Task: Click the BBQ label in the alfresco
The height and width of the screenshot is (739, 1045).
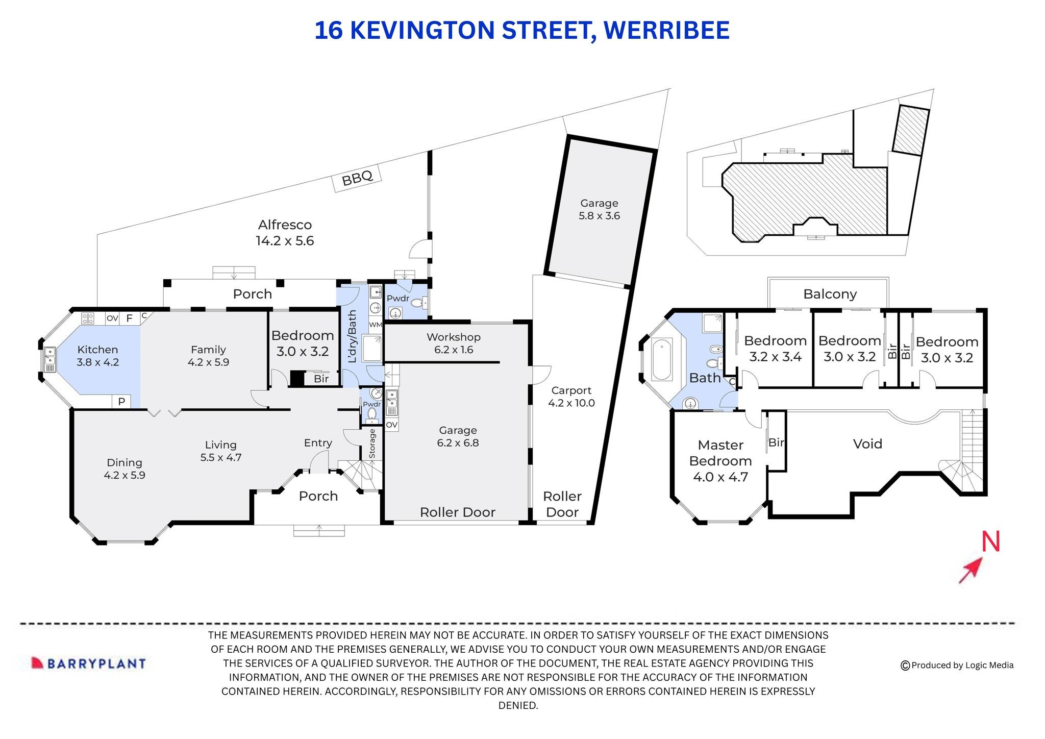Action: (x=357, y=178)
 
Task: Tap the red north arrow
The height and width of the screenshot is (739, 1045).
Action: (x=971, y=570)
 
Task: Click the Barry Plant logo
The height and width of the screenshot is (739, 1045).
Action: (x=89, y=663)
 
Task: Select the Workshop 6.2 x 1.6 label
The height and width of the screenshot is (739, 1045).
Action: (x=453, y=343)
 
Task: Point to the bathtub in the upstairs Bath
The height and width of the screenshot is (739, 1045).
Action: (x=662, y=360)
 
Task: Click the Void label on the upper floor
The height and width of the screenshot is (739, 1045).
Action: (x=867, y=444)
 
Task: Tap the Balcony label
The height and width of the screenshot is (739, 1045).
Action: (x=830, y=294)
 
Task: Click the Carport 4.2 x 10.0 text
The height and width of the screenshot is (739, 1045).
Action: (x=571, y=397)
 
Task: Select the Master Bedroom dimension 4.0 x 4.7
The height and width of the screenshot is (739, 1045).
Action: (x=720, y=477)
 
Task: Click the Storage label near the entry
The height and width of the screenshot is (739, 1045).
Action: (x=372, y=444)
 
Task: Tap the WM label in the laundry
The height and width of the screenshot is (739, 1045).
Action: (x=375, y=325)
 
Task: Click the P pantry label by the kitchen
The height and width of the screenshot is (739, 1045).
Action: (x=121, y=402)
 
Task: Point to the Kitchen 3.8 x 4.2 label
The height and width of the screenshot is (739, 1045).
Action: (x=97, y=356)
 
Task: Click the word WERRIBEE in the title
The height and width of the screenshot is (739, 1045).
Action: (x=666, y=30)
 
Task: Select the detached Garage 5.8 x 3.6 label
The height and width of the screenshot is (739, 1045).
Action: (x=599, y=209)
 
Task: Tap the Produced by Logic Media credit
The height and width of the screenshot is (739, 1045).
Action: (x=957, y=665)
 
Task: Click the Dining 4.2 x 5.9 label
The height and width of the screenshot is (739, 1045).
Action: (x=125, y=469)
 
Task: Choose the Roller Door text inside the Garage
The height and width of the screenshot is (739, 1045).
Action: (x=457, y=512)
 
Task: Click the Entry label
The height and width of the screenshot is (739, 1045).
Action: (x=318, y=443)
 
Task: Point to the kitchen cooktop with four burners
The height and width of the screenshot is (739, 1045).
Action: (x=88, y=318)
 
